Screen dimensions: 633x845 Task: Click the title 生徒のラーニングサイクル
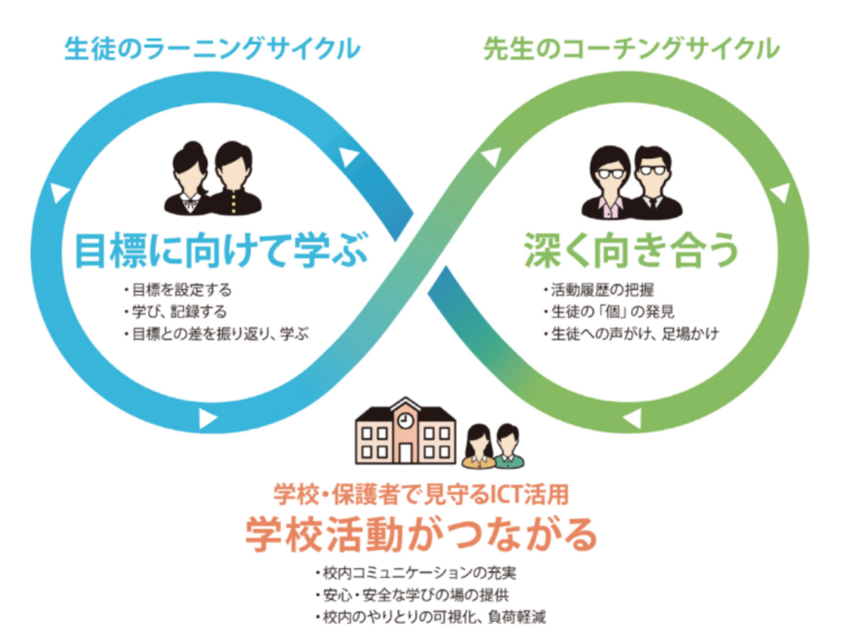(212, 49)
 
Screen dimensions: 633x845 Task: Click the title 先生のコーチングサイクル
(632, 49)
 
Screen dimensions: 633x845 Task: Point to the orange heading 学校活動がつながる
(421, 535)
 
